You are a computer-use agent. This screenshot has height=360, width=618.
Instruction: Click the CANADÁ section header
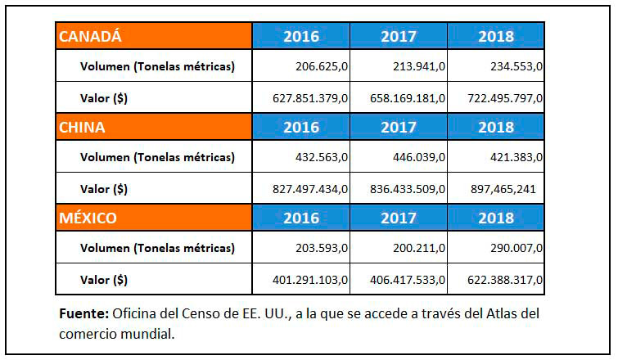click(x=90, y=36)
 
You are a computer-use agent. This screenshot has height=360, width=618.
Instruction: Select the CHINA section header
click(x=82, y=127)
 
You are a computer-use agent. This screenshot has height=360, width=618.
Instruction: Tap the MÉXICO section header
click(x=87, y=218)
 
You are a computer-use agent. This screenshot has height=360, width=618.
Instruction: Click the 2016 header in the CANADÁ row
click(x=301, y=36)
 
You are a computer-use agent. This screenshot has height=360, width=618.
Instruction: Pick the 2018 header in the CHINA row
click(x=495, y=127)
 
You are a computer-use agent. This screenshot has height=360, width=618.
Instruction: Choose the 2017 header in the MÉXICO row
click(x=399, y=218)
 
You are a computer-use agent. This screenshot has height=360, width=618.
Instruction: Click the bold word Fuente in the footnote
click(x=83, y=314)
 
